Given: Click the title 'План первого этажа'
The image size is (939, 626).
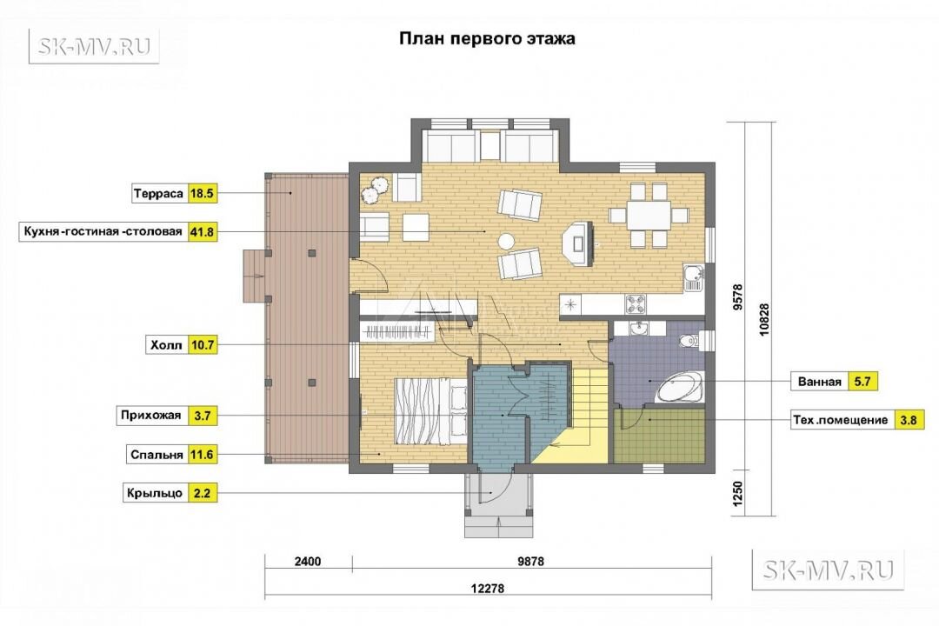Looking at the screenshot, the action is click(x=487, y=39).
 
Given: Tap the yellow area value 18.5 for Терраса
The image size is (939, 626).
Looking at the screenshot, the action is click(x=202, y=194).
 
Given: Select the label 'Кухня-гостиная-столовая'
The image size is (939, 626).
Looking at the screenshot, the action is click(x=103, y=231).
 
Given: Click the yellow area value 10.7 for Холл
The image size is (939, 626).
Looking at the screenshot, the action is click(x=202, y=345).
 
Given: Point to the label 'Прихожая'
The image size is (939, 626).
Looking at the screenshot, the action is click(x=151, y=415).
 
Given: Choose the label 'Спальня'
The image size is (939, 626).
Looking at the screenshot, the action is click(x=156, y=455).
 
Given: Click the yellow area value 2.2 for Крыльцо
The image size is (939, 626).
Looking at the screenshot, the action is click(x=202, y=493).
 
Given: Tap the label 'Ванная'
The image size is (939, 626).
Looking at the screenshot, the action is click(x=819, y=382).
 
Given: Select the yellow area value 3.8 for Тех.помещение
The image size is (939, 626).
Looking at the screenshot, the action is click(x=909, y=420).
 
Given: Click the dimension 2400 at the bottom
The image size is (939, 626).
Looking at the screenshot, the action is click(x=308, y=562).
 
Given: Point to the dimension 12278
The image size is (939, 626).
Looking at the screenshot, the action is click(x=488, y=589).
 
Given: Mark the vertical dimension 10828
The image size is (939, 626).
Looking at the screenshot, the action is click(x=763, y=320).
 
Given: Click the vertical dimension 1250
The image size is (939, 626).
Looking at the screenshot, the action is click(x=738, y=493).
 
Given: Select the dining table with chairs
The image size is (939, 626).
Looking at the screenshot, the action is click(x=649, y=215).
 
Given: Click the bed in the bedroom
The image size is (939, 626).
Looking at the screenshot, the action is click(x=430, y=411).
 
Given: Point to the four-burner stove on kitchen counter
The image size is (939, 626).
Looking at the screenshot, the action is click(x=636, y=304).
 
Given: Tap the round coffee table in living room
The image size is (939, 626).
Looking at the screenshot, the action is click(x=507, y=241).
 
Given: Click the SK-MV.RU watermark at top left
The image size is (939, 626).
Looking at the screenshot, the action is click(x=94, y=46).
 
